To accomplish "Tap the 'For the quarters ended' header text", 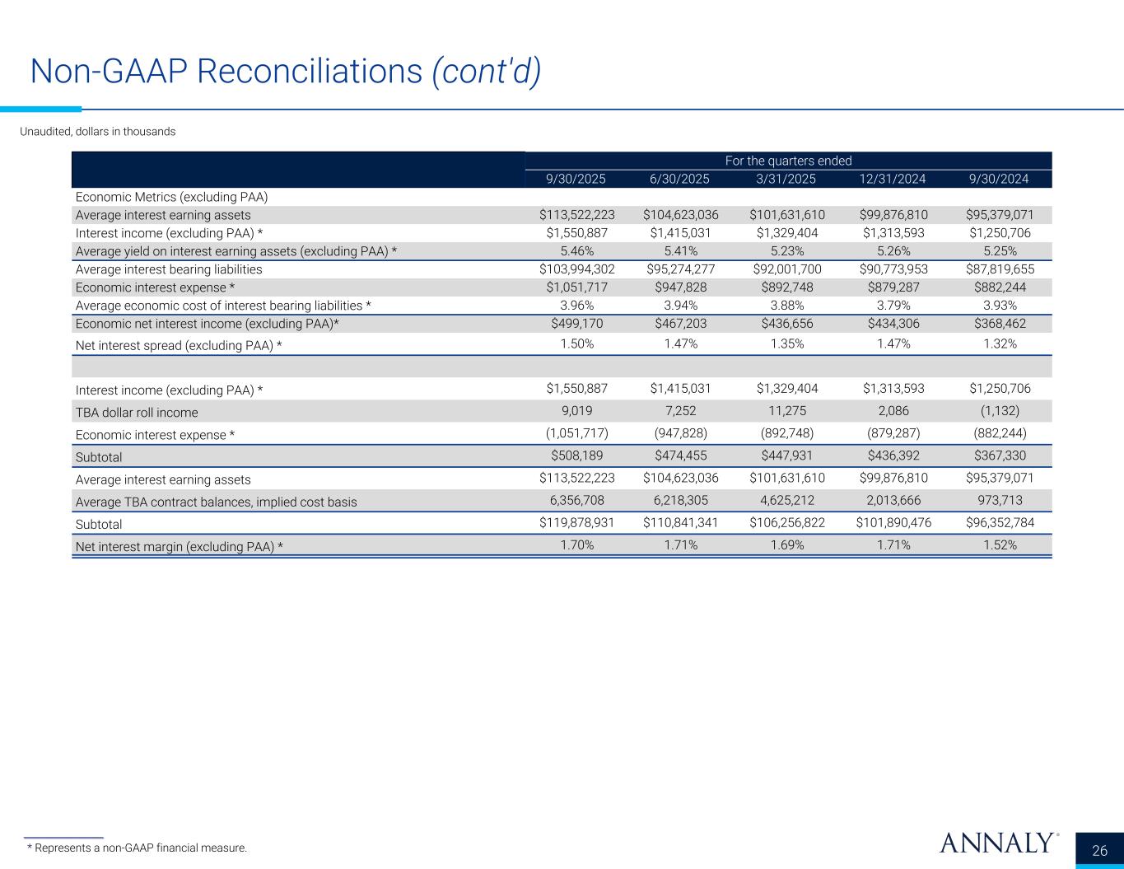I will pos(788,161).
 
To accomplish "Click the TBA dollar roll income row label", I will pos(137,412).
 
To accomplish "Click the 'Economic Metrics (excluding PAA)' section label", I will pos(172,197).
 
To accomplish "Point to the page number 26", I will pos(1099,851).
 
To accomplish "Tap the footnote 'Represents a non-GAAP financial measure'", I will pos(137,848).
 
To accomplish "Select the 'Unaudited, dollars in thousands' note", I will pos(97,132).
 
